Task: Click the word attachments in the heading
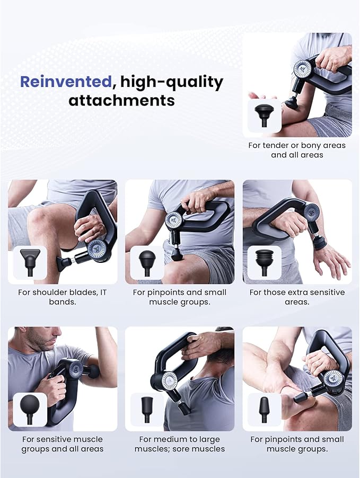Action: click(121, 100)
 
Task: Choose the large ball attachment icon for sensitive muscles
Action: click(30, 409)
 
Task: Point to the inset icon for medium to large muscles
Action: click(147, 409)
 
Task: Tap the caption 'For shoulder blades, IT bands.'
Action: click(63, 297)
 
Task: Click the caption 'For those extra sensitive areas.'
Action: click(297, 297)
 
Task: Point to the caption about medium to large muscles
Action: click(180, 444)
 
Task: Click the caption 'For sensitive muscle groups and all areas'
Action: click(63, 444)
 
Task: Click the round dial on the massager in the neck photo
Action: click(169, 380)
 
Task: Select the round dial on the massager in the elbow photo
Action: click(333, 378)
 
